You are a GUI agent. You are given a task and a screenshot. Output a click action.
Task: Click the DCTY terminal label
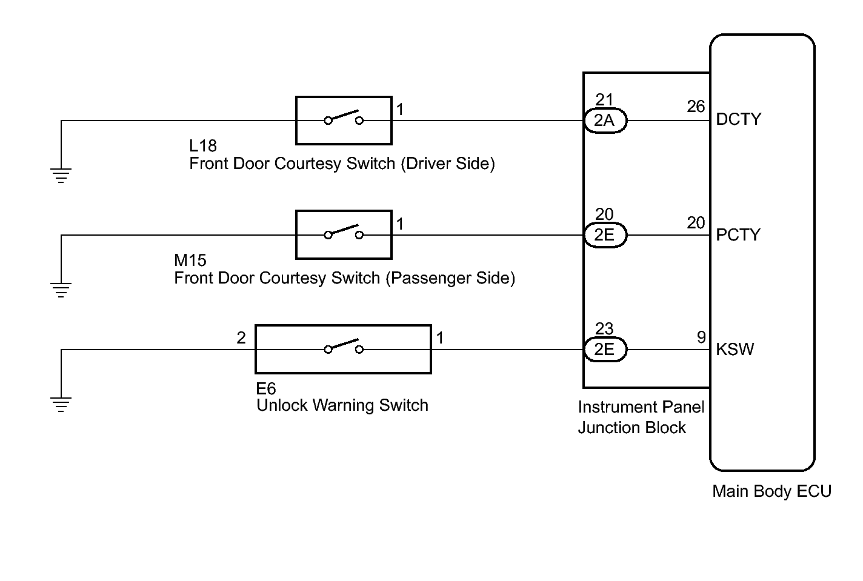click(x=738, y=119)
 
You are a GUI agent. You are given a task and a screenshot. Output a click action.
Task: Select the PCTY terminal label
click(x=738, y=235)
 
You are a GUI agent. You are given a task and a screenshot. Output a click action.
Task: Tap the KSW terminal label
click(x=735, y=350)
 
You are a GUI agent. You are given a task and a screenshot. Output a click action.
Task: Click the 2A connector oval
click(x=605, y=121)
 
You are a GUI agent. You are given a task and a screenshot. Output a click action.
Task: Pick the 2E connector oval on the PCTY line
click(x=605, y=235)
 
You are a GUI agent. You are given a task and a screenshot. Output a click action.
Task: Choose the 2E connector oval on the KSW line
click(x=605, y=350)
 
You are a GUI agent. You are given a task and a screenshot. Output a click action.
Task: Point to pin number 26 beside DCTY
click(x=696, y=107)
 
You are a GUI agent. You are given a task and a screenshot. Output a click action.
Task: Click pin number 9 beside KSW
click(x=701, y=337)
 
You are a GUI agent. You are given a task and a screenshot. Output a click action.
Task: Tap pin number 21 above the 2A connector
click(x=604, y=100)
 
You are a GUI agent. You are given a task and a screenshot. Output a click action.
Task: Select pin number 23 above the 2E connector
click(x=604, y=329)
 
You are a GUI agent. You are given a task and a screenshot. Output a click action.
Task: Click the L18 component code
click(x=203, y=146)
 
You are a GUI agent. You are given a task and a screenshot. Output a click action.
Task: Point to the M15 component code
click(x=190, y=261)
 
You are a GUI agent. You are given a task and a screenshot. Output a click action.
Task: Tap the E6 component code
click(x=266, y=389)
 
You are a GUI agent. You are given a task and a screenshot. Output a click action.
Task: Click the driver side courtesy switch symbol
click(x=344, y=121)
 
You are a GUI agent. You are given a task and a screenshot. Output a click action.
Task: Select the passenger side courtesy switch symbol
click(x=344, y=235)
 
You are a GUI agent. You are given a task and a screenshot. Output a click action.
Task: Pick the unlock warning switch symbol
click(x=343, y=350)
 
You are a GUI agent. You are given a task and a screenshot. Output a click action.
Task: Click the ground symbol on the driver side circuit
click(x=61, y=176)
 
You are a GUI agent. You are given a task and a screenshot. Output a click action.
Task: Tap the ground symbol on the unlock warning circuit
click(x=61, y=405)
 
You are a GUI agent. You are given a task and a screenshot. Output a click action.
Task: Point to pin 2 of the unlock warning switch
click(x=241, y=338)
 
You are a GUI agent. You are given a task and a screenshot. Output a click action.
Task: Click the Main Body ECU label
click(x=771, y=491)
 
